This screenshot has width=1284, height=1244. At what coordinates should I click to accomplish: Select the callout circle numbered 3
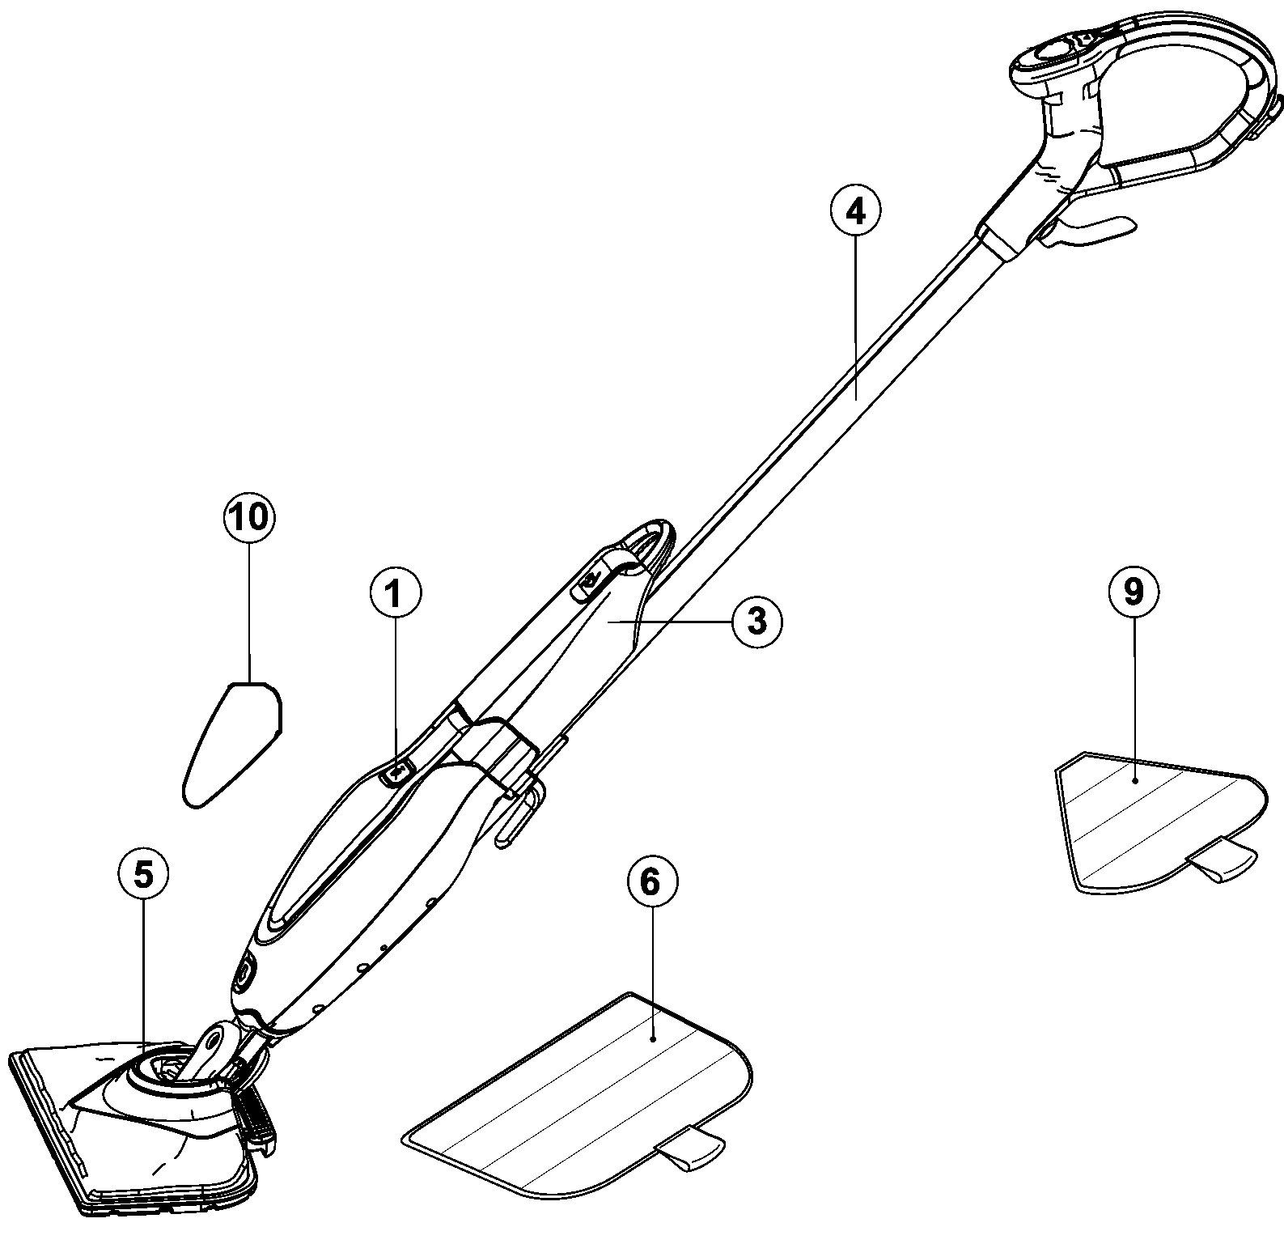756,621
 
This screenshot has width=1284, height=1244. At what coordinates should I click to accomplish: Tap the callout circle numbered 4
854,211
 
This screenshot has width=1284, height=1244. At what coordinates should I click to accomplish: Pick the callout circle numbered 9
1133,592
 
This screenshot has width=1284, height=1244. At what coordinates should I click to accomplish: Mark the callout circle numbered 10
249,516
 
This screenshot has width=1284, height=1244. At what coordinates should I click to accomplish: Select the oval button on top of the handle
1052,53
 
